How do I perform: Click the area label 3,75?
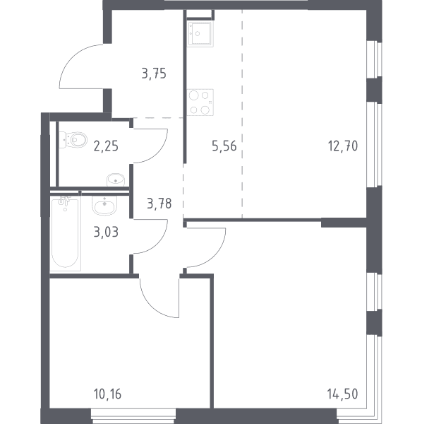(154, 73)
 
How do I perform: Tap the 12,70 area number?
(343, 146)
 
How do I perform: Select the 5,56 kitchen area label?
(224, 146)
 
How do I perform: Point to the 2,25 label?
(106, 146)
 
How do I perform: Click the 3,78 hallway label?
(159, 204)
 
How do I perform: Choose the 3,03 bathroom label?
(106, 232)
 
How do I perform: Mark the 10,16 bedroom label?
(107, 394)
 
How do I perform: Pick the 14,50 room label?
(342, 394)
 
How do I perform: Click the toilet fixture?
(73, 140)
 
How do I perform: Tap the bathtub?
(66, 233)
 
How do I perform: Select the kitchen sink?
(200, 33)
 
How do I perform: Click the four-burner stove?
(200, 102)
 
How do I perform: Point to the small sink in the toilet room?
(116, 179)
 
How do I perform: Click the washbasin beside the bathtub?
(104, 206)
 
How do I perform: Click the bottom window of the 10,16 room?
(133, 416)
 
